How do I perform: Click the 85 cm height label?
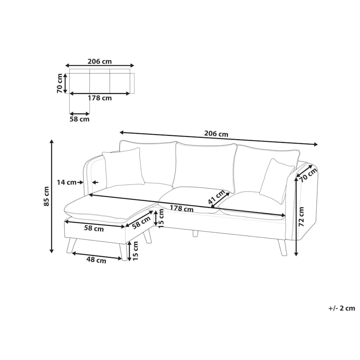point(47,196)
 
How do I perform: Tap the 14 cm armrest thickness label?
point(67,182)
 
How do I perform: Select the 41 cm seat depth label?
point(216,197)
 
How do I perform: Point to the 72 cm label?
point(301,217)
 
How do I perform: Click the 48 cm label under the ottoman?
point(96,260)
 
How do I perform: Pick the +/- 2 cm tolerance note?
point(342,308)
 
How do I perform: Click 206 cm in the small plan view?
point(99,61)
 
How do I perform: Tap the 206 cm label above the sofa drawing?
point(216,133)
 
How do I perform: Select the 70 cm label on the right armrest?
point(308,175)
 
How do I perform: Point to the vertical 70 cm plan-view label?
point(60,83)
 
